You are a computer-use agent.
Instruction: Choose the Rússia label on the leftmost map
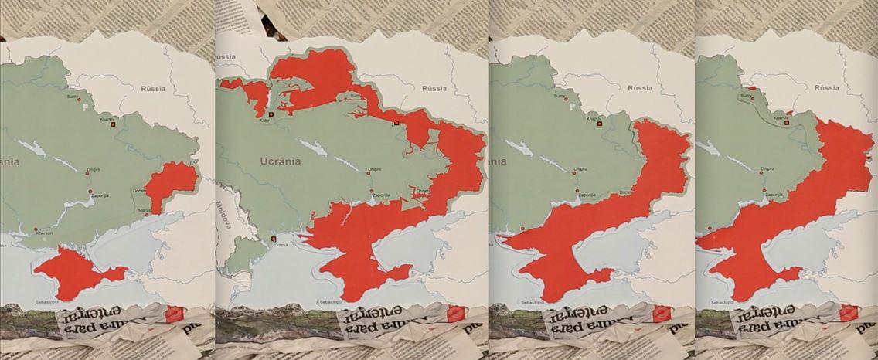(153, 89)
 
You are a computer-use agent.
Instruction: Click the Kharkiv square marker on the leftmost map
(114, 124)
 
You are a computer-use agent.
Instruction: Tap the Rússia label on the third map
(638, 87)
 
